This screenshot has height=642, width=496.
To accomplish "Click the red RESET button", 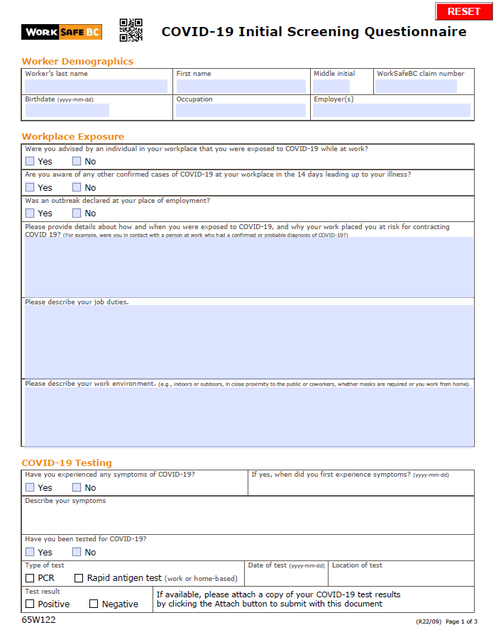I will click(464, 11).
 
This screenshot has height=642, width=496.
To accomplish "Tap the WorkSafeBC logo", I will click(62, 32).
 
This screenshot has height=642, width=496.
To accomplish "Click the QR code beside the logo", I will click(131, 31).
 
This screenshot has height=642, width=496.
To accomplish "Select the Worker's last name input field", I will click(96, 86).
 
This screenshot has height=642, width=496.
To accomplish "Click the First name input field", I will click(241, 86).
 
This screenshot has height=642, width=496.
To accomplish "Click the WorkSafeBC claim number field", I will click(416, 86).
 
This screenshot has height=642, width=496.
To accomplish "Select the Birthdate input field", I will click(67, 110).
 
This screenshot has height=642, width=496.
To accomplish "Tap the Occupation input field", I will click(241, 110).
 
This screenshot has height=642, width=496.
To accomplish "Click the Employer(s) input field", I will click(392, 110).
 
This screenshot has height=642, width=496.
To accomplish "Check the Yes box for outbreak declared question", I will click(30, 213).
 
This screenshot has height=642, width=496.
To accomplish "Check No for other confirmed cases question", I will click(77, 187).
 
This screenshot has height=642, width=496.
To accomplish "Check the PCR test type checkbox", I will click(30, 578).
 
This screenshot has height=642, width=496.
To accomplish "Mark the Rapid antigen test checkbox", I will click(79, 578).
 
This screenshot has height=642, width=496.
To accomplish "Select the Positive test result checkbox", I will click(30, 604).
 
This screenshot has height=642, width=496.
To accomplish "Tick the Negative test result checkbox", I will click(94, 604).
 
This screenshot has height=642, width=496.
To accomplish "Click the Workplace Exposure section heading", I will click(73, 136).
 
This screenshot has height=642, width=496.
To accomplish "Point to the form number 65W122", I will click(38, 620).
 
